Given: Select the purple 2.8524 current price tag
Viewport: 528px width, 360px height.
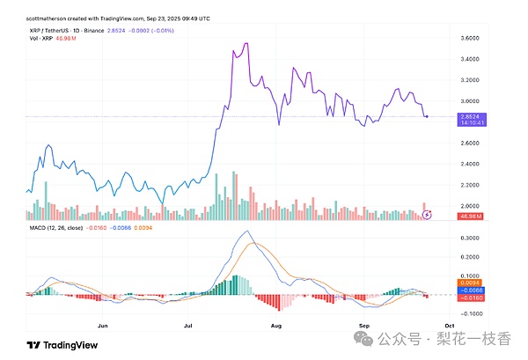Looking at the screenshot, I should point(468,115).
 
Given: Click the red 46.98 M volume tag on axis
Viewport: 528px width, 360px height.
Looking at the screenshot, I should point(468,215).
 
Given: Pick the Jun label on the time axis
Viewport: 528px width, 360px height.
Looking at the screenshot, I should point(104,325).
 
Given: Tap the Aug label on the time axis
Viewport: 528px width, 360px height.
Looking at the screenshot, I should point(276,325).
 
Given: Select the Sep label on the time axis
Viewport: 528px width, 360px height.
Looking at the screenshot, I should point(363,325).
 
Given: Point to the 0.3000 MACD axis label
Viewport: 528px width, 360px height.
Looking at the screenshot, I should point(468,238).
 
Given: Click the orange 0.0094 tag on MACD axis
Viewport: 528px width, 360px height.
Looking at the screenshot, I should point(468,282).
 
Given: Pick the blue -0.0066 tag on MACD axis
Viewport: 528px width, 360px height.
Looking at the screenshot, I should point(468,290).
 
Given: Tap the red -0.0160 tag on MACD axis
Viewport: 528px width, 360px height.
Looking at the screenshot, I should point(468,298).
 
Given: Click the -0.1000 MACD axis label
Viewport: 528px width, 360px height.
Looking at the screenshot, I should point(468,313).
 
